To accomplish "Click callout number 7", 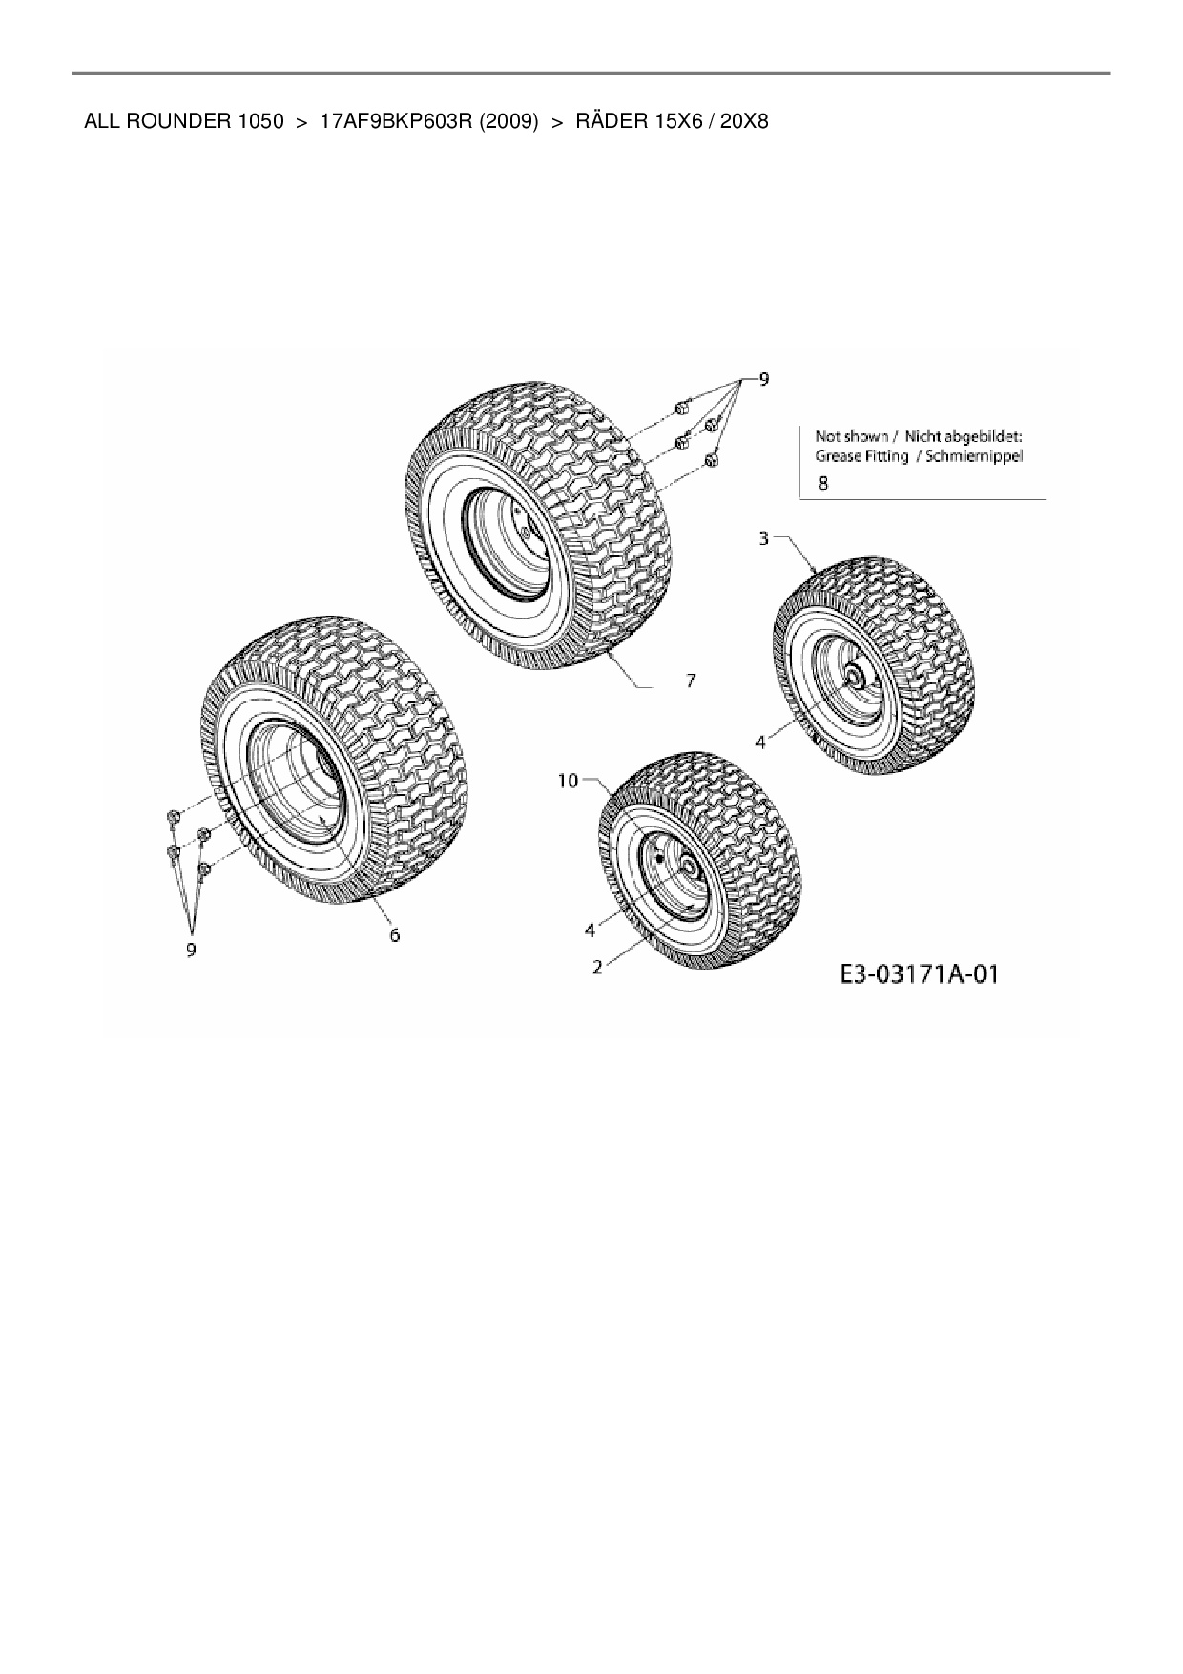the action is (690, 680).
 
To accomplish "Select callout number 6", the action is (394, 935).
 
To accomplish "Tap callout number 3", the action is (763, 539).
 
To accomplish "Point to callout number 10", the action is (568, 782).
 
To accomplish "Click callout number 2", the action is (597, 967).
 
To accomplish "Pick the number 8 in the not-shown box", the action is (823, 483).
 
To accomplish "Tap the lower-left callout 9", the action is (191, 951).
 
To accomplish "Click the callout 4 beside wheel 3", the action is (760, 742).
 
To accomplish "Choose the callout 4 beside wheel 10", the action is (590, 929).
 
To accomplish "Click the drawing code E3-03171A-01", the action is (919, 974).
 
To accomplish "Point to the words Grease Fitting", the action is (861, 456).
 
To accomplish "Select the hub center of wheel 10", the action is (683, 864).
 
